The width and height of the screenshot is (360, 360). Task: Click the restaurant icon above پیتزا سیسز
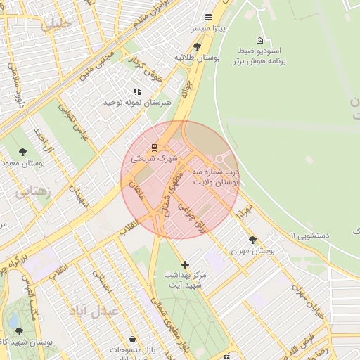point(207,17)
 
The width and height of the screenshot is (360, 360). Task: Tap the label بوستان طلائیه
point(193,57)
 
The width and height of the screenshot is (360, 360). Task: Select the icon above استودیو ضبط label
point(259,40)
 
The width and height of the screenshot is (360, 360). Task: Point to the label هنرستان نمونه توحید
point(138,103)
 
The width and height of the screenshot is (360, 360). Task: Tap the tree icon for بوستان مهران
point(252,240)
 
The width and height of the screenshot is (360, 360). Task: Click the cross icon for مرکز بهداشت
point(185,264)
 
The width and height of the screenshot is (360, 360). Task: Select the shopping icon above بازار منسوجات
point(133,338)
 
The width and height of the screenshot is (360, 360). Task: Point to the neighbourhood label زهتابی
point(33,192)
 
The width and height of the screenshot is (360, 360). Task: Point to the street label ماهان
point(136,189)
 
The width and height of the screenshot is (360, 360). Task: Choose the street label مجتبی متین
point(96,63)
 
